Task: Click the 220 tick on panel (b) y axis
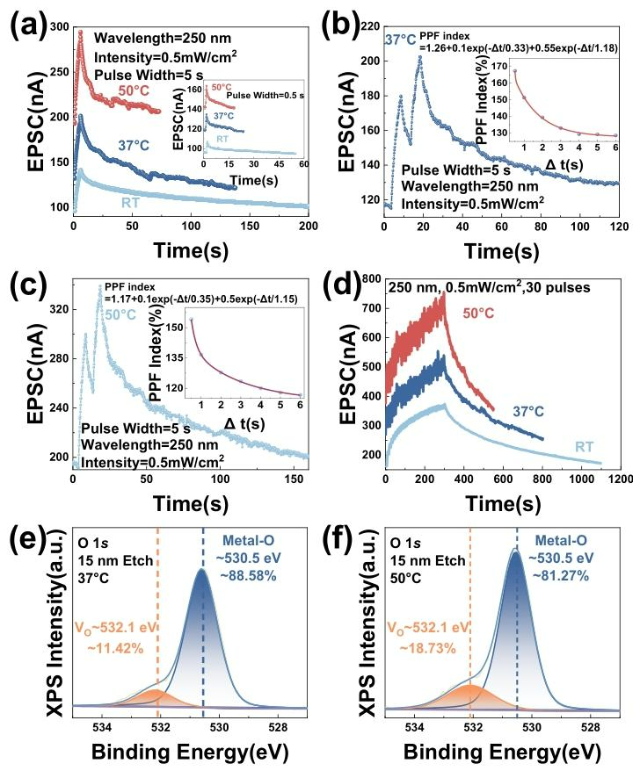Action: pyautogui.click(x=367, y=26)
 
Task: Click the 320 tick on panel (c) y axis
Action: pyautogui.click(x=57, y=309)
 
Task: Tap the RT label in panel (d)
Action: pyautogui.click(x=586, y=446)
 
